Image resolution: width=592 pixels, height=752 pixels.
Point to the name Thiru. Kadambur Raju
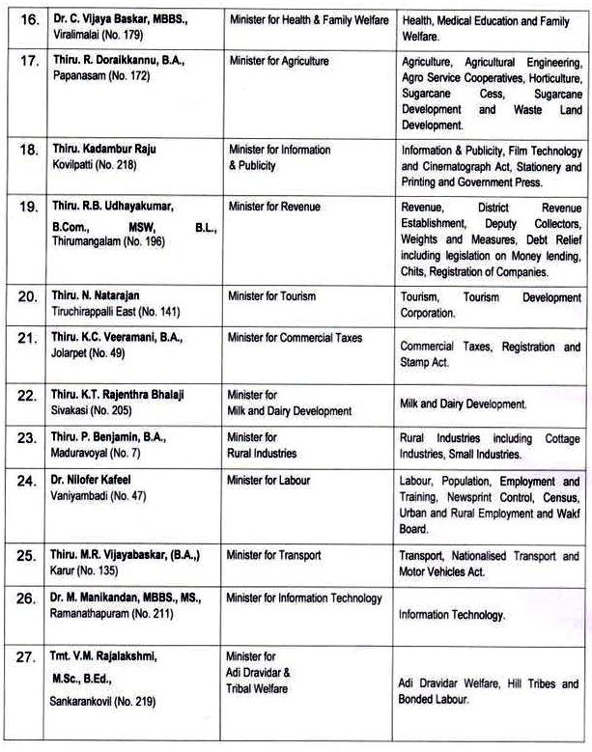104,150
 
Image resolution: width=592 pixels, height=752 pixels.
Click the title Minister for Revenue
274,207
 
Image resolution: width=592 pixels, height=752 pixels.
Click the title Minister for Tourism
272,296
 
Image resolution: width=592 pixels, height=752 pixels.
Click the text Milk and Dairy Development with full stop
463,404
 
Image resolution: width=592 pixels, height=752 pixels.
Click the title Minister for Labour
269,481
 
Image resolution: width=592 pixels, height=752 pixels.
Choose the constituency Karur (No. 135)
86,571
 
